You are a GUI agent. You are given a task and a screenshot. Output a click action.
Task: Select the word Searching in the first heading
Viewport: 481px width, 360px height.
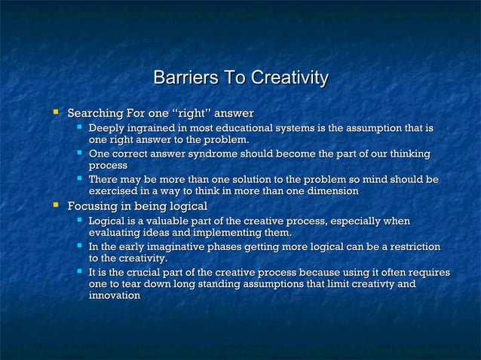(96, 114)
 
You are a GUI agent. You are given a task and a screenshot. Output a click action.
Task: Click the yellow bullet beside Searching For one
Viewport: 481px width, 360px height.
(54, 113)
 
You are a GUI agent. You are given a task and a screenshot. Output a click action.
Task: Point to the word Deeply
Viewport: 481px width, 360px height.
(107, 128)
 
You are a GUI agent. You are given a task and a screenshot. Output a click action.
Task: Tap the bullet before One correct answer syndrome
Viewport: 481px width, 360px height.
(80, 154)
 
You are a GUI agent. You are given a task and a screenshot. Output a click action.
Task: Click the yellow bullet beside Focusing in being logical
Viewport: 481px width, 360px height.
(54, 206)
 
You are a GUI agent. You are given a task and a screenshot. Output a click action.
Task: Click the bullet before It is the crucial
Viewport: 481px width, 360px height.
(80, 272)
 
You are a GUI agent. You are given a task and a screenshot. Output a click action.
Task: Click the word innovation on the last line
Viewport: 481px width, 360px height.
(115, 296)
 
